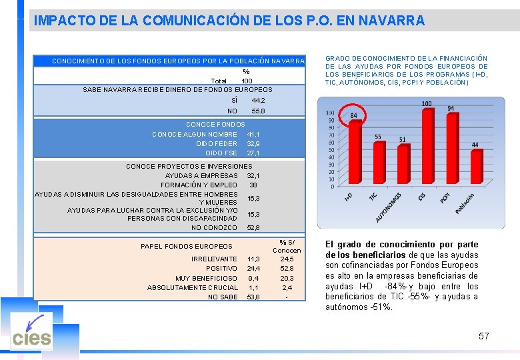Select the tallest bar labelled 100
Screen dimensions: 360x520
click(x=427, y=147)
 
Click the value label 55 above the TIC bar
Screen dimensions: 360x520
click(x=378, y=137)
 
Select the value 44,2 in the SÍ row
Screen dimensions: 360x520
click(x=258, y=100)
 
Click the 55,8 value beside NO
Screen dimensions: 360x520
click(x=258, y=111)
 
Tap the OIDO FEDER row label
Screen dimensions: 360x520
click(x=217, y=143)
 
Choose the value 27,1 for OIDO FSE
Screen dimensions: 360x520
click(x=253, y=153)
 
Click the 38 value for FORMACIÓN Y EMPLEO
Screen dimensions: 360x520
click(x=253, y=185)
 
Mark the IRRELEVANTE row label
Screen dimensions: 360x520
click(x=214, y=259)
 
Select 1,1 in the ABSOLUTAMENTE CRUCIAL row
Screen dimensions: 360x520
click(x=253, y=287)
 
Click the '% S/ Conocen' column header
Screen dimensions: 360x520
click(x=287, y=246)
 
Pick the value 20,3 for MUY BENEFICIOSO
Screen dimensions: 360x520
click(x=287, y=278)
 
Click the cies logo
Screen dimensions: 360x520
click(x=31, y=337)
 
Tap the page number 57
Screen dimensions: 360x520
click(x=483, y=336)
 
